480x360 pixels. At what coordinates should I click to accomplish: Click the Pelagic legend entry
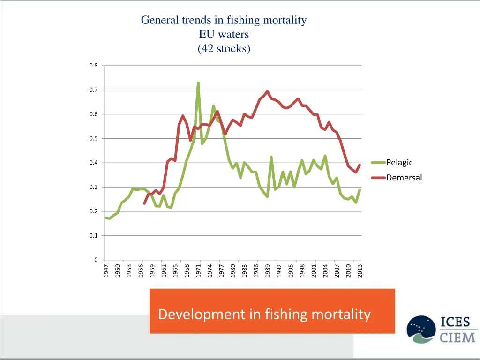coord(399,163)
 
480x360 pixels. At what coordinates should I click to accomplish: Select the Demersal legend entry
coord(404,178)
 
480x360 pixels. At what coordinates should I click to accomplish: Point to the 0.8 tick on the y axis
coord(94,66)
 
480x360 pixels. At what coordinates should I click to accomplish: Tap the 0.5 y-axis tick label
coord(94,138)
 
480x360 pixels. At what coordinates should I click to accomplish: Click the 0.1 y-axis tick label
coord(94,236)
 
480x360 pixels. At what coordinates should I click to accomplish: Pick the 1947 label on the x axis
coord(106,270)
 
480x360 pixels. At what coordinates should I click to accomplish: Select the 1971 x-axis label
coord(199,270)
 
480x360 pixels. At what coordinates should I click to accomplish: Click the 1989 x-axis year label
coord(268,270)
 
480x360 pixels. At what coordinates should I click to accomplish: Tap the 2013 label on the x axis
coord(360,270)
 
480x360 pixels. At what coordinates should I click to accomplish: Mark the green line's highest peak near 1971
coord(198,83)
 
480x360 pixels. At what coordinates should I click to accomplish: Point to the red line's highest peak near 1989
coord(267,91)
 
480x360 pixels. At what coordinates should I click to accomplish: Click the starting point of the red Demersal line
coord(144,203)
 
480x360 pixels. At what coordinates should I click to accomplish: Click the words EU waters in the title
coord(224,34)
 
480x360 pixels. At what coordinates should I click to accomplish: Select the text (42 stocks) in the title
coord(224,48)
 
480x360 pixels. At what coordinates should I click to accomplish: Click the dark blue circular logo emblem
coord(421,330)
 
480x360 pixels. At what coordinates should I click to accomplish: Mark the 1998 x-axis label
coord(302,270)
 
